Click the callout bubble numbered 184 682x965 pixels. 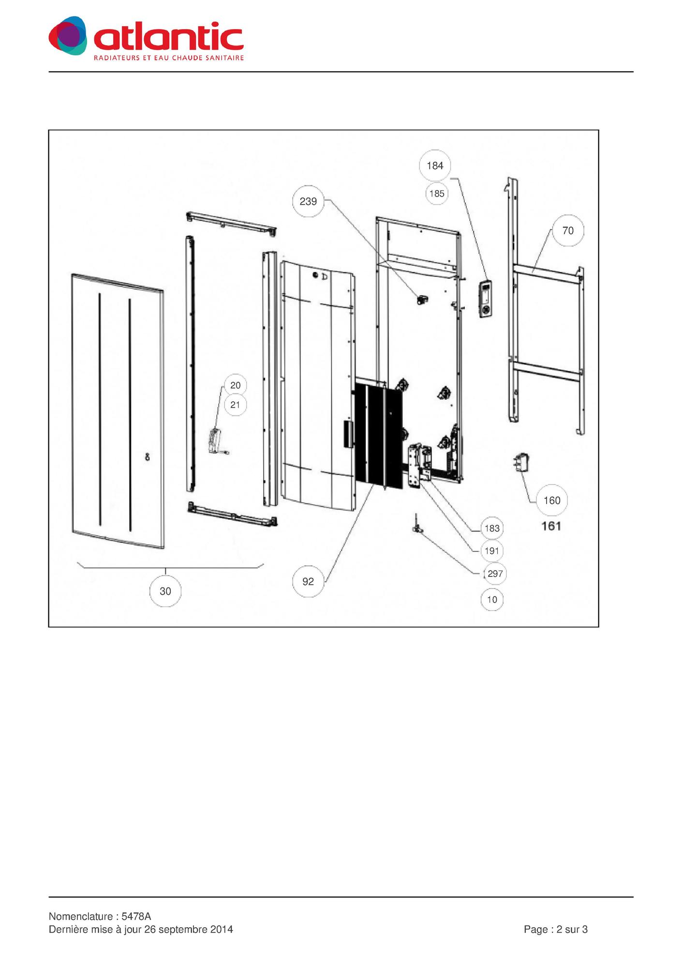point(435,166)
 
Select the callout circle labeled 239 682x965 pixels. point(308,201)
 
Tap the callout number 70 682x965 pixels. point(568,230)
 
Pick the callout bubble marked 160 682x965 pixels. point(552,500)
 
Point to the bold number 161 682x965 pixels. point(551,526)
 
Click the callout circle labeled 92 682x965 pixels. point(308,581)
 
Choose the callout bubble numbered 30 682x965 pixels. point(165,591)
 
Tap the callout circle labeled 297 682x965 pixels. point(495,573)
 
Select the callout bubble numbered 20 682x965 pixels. point(236,385)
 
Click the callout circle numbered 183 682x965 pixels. point(492,528)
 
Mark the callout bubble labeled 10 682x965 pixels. point(492,600)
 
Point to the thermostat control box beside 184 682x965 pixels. point(486,299)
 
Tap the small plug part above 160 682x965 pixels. point(521,462)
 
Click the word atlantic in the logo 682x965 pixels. point(168,37)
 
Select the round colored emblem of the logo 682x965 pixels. point(68,35)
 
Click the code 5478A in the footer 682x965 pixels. point(136,916)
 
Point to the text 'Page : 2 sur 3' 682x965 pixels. point(556,929)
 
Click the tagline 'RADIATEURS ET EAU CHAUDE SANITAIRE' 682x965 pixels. point(169,58)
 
